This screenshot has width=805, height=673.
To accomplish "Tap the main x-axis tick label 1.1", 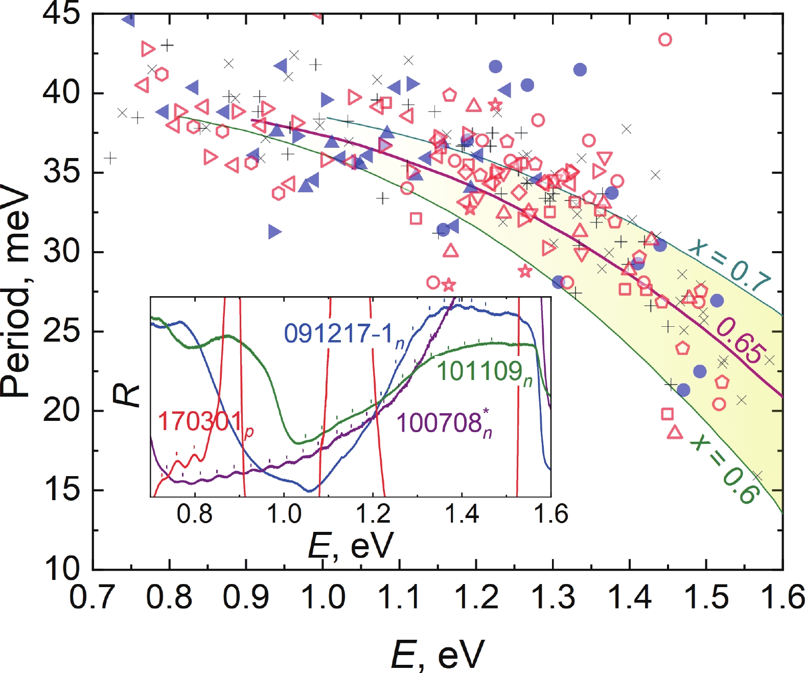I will click(399, 597).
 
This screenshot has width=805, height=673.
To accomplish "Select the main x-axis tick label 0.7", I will click(92, 597).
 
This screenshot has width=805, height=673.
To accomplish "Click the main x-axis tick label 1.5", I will click(705, 597).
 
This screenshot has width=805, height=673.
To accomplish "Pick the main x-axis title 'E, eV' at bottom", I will click(438, 654).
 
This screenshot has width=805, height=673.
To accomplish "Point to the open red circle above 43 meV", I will click(664, 39).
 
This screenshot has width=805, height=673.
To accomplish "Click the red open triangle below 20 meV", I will click(675, 433).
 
